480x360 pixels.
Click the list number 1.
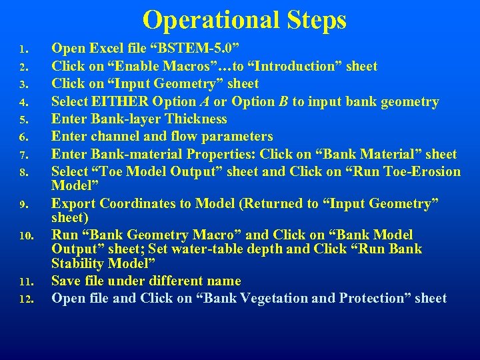(23, 49)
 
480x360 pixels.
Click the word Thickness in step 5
(195, 119)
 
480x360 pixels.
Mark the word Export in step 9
(73, 203)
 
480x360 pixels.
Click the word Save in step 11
(66, 281)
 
